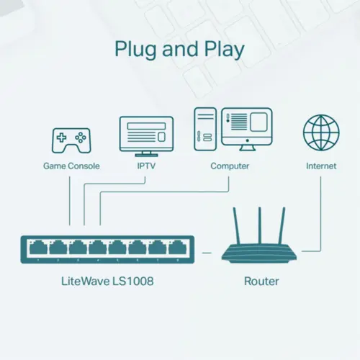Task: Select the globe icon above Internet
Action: [x=320, y=133]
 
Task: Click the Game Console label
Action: [x=71, y=166]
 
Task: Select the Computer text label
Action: [x=230, y=166]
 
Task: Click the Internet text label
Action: [x=320, y=166]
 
